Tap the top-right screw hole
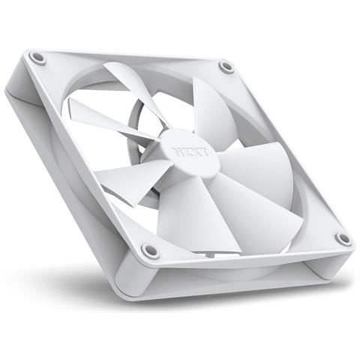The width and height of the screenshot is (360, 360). coord(226,67)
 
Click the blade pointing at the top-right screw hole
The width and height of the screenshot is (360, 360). coord(206,104)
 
